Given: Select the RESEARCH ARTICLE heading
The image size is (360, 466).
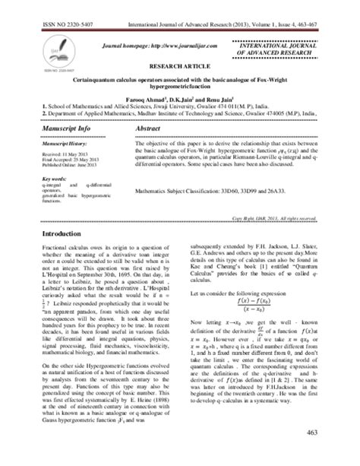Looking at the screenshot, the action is tap(180, 67).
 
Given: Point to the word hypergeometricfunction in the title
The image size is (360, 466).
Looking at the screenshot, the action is tap(180, 87).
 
